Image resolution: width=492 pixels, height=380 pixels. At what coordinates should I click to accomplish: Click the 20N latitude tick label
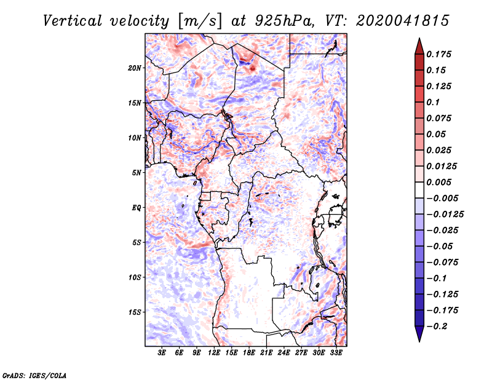[x=135, y=68]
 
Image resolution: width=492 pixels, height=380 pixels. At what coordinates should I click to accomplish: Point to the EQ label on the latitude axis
[x=137, y=208]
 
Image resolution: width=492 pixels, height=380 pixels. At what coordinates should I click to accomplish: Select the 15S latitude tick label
[x=135, y=312]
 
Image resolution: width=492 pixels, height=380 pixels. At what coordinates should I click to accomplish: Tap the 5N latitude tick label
[x=137, y=173]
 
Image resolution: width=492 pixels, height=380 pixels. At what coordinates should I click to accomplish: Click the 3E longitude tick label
[x=162, y=353]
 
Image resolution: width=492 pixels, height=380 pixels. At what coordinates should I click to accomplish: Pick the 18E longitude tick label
[x=249, y=353]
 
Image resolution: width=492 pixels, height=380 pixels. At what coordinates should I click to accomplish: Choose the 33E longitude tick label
[x=336, y=353]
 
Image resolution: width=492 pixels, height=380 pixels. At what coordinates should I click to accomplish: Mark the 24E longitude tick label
[x=284, y=353]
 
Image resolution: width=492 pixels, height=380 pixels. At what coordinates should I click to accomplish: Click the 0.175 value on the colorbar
[x=440, y=55]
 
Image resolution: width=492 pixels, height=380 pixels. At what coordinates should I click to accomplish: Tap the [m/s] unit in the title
[x=196, y=20]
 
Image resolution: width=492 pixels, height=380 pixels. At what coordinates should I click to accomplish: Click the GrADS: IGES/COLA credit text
[x=26, y=374]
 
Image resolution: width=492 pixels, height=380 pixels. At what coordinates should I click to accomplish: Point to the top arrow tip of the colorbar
[x=419, y=40]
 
